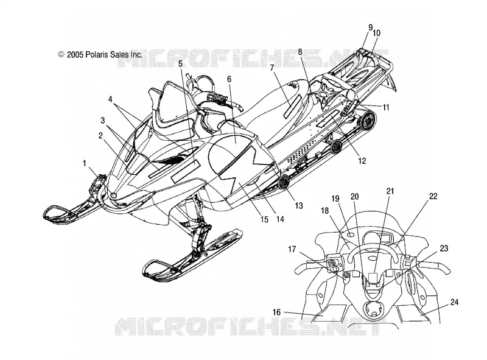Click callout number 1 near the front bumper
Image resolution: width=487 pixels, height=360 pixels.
(x=84, y=163)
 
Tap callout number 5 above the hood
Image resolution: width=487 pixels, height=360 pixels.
(x=180, y=64)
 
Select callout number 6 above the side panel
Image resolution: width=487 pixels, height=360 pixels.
(x=229, y=79)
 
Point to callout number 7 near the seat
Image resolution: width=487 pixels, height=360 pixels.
(x=272, y=68)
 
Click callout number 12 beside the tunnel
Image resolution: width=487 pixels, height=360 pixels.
(x=362, y=161)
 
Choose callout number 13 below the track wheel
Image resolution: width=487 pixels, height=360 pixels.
(x=298, y=205)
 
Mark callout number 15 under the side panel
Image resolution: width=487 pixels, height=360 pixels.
(x=264, y=219)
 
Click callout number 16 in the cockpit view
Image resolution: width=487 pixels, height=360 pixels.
(x=276, y=312)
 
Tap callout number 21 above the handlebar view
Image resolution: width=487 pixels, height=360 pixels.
(x=390, y=191)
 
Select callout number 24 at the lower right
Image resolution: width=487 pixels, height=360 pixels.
(x=454, y=302)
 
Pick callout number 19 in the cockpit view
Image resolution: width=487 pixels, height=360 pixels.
(x=335, y=199)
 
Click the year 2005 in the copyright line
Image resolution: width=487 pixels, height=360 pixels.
(x=75, y=55)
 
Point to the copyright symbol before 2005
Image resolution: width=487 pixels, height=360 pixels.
(x=61, y=54)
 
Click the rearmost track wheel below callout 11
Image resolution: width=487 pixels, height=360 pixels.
(x=367, y=121)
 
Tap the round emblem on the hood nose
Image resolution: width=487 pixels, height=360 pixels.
(x=114, y=196)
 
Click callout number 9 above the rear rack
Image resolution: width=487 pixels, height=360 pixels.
(x=371, y=27)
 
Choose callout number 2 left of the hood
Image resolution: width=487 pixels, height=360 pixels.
(x=100, y=135)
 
